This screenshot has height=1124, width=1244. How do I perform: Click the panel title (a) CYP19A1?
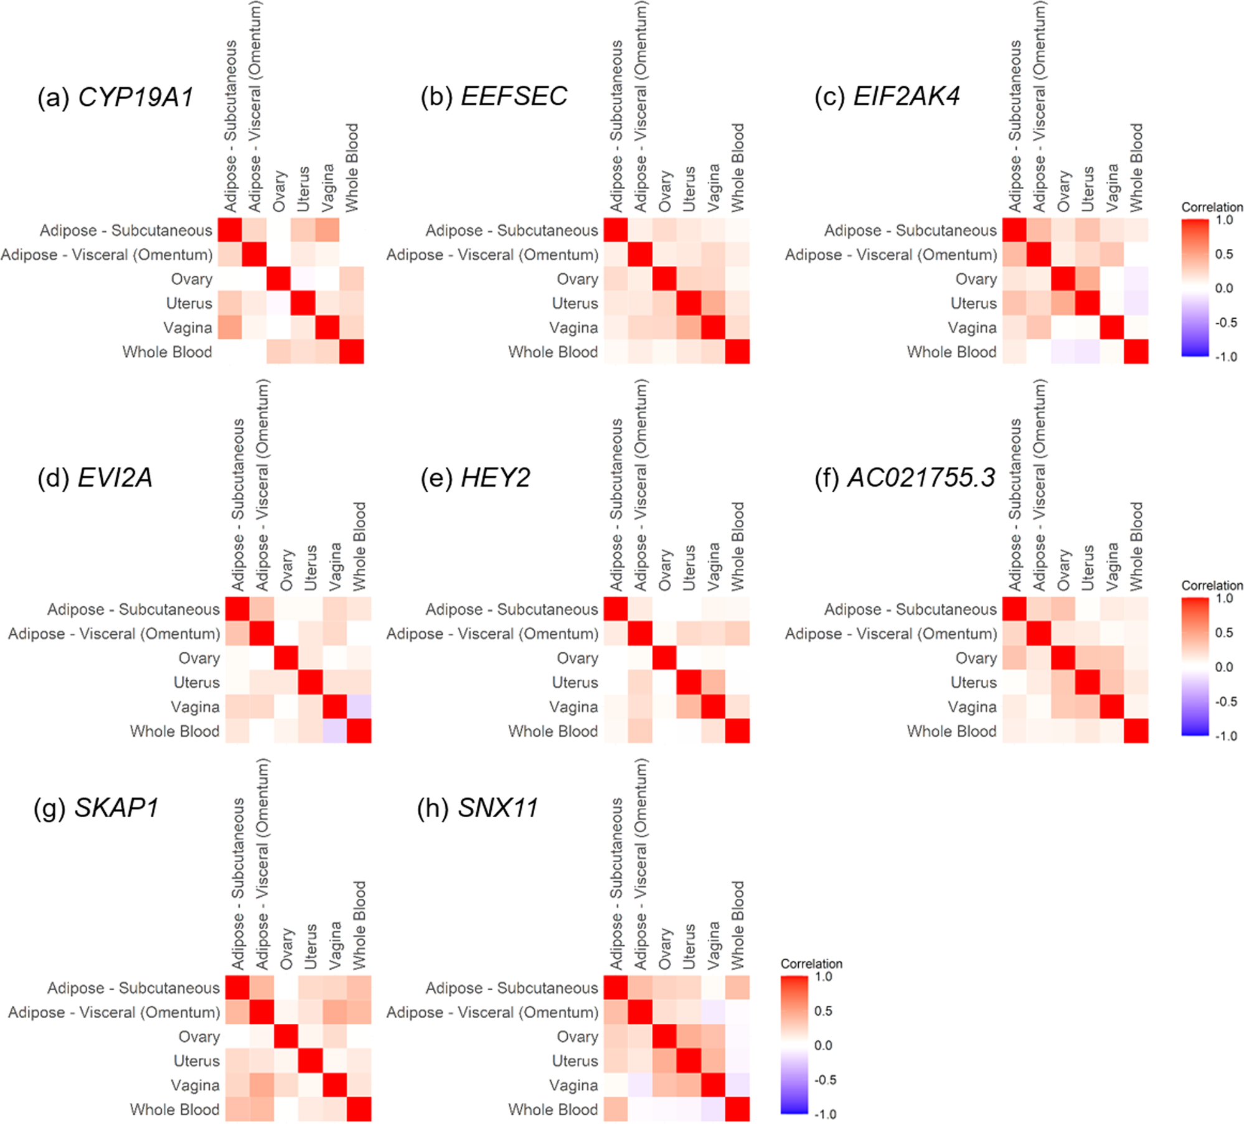coord(115,97)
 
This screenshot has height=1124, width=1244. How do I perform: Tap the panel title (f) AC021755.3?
coord(905,477)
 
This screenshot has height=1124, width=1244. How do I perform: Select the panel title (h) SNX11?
coord(478,808)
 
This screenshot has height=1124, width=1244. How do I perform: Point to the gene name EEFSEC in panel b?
coord(514,96)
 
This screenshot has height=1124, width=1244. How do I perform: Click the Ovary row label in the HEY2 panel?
coord(577,658)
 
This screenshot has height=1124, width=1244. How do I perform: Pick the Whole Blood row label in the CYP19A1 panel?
coord(167,352)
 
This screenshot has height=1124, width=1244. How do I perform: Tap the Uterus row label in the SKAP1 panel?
coord(196,1061)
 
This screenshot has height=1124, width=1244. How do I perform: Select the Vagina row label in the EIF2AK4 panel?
coord(972,327)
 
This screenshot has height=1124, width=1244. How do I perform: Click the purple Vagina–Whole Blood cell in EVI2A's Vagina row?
coord(359,706)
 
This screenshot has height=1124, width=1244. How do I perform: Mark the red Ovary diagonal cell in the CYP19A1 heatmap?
coord(278,279)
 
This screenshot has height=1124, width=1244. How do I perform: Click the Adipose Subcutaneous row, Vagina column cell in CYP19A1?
coord(327,230)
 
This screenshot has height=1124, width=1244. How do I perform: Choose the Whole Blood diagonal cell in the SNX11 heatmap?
coord(738,1109)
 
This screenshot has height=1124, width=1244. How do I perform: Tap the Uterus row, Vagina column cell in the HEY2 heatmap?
coord(714,682)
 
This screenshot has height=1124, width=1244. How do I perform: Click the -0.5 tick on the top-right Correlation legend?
coord(1226,322)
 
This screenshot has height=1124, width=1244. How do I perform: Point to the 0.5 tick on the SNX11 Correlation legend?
coord(823,1011)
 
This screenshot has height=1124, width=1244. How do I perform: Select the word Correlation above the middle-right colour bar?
coord(1212,585)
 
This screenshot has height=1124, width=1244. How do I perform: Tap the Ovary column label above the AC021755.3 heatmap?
coord(1063,569)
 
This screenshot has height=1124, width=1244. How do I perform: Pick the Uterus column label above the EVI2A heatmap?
coord(310,567)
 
